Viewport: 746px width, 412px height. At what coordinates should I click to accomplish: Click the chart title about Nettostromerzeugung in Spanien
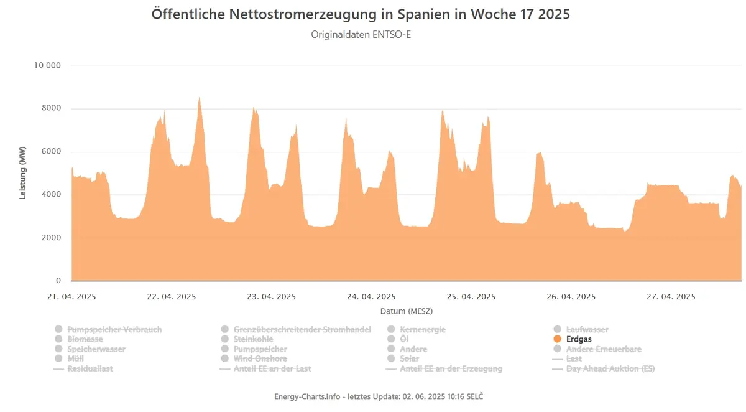361,14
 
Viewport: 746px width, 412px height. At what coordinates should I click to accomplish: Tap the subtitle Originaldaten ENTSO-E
361,34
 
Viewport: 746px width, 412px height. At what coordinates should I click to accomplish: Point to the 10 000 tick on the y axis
47,65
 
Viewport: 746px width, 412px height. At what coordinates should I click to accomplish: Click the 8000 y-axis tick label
51,108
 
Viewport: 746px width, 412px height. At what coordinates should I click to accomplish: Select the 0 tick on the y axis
58,281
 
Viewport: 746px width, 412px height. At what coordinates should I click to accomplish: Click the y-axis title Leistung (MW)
22,173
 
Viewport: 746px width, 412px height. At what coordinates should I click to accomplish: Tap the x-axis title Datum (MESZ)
407,311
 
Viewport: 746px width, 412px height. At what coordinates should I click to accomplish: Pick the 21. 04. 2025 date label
71,297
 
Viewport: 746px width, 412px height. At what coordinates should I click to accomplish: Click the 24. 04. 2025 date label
371,297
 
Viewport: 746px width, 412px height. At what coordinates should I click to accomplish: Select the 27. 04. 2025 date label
671,297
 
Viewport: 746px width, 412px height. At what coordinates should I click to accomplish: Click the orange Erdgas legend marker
557,339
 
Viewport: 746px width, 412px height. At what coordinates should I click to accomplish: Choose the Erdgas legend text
579,339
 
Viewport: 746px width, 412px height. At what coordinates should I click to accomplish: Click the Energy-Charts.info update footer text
379,396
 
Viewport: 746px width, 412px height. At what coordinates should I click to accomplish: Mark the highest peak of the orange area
199,98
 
